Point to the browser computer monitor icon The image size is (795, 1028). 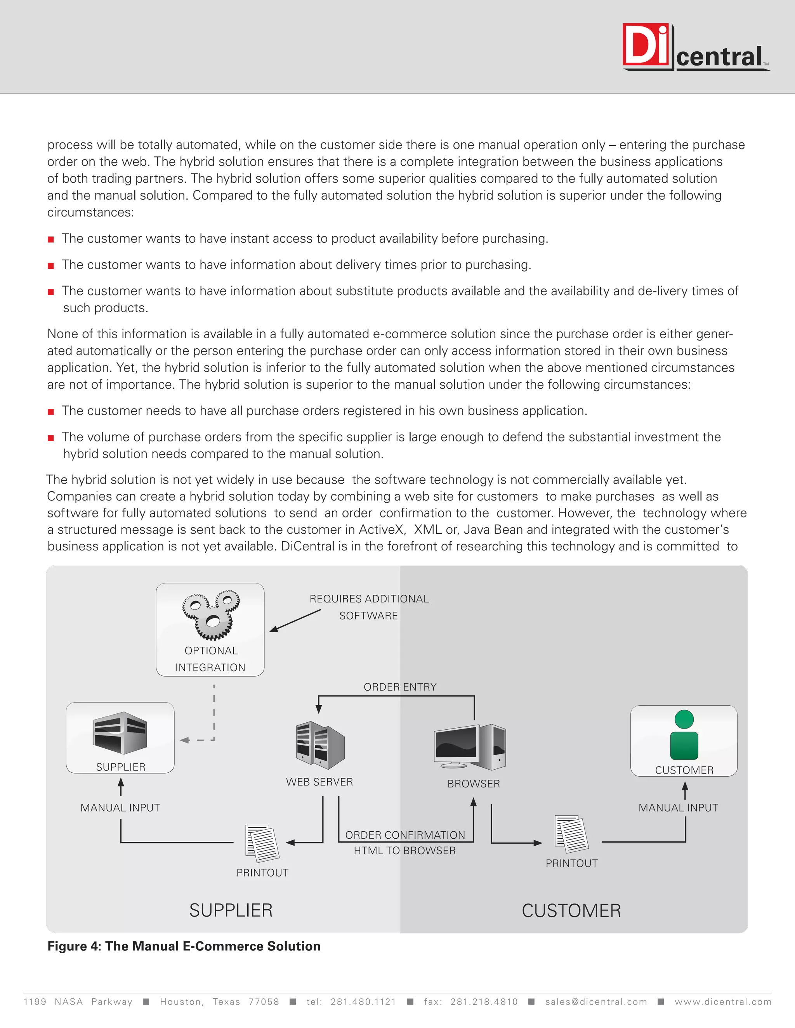[470, 746]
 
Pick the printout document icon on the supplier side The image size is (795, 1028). [262, 843]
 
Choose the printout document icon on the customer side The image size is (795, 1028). [572, 834]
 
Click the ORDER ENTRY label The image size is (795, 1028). [400, 687]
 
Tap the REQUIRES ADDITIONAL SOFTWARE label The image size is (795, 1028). [369, 607]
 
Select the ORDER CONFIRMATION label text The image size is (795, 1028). [405, 835]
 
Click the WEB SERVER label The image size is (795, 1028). [319, 782]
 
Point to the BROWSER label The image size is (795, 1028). [473, 784]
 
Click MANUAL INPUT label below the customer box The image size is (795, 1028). [678, 808]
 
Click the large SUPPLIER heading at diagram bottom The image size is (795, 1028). [231, 910]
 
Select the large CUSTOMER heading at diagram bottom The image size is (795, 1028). [571, 911]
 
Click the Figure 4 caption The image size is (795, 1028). [184, 947]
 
